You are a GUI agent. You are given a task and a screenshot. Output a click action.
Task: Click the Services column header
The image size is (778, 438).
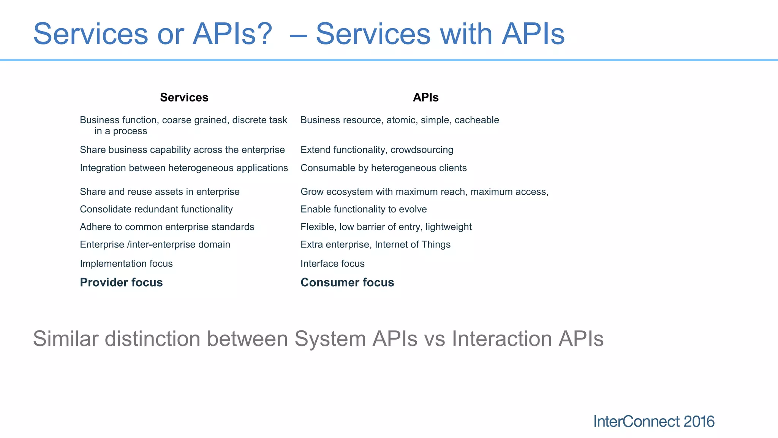tap(184, 97)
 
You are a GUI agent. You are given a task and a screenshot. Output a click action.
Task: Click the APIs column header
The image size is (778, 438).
tap(425, 97)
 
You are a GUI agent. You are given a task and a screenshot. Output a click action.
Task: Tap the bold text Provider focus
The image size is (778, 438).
tap(121, 282)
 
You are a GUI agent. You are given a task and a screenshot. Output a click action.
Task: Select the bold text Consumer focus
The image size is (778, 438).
tap(347, 282)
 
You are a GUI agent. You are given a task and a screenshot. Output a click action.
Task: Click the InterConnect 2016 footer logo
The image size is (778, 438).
tap(653, 422)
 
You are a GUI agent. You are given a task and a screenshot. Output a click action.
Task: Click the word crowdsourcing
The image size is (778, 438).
tap(422, 150)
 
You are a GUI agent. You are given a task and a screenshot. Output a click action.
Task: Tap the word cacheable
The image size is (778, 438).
tap(477, 120)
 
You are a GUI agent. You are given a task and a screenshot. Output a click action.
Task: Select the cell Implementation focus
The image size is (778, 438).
tap(126, 263)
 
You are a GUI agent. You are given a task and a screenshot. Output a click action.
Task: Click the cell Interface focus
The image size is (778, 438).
tap(332, 263)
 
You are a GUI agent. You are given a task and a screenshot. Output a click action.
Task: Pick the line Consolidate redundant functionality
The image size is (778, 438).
tap(156, 209)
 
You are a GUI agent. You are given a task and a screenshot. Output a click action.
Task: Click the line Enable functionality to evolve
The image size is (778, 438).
tap(364, 209)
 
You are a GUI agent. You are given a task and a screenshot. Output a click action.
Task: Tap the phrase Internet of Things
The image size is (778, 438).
tap(413, 244)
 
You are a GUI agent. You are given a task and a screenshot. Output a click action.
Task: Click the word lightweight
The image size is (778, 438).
tap(448, 227)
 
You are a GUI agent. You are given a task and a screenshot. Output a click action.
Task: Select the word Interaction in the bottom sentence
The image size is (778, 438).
tap(501, 339)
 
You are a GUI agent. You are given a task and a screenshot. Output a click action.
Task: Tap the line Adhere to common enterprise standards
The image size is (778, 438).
tap(167, 227)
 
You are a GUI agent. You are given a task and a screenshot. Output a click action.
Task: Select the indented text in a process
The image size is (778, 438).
tap(120, 131)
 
